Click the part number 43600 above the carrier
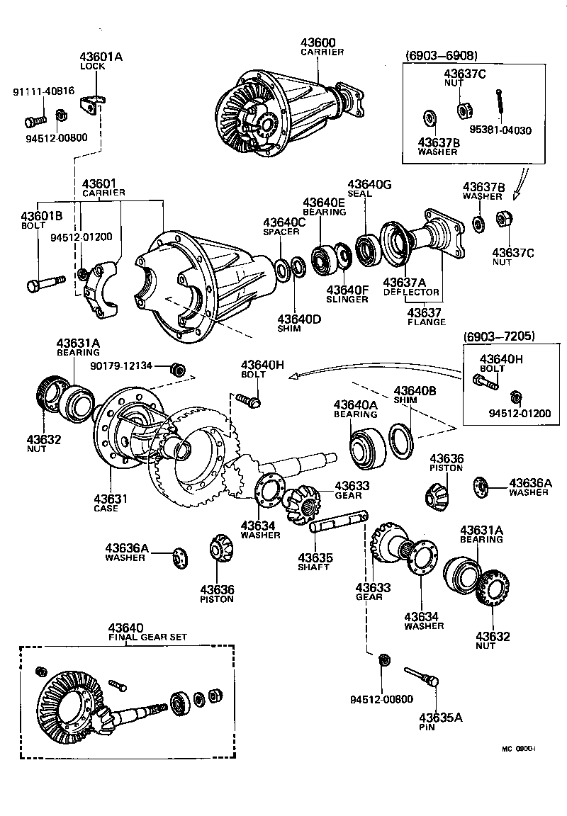320,42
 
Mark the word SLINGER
347,299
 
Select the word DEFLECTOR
411,292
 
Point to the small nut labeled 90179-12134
179,369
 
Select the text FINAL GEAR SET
147,637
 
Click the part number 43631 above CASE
111,499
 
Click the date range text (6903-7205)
499,336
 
